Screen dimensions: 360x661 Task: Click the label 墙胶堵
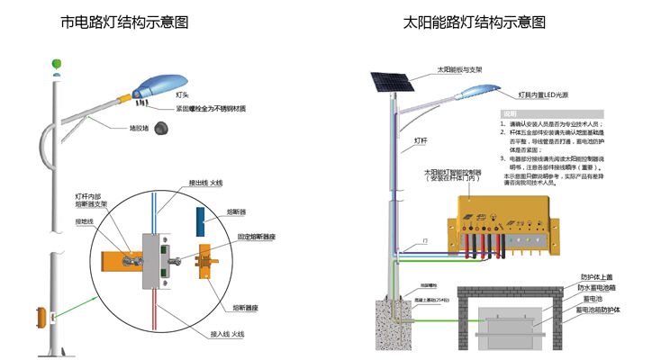(x=138, y=128)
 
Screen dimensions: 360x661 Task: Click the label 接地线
(x=84, y=221)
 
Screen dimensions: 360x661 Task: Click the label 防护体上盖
(x=598, y=277)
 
